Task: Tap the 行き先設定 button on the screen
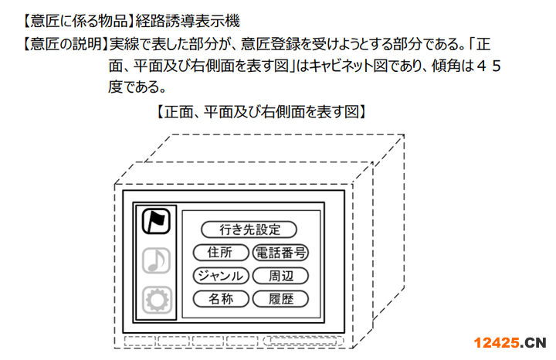click(x=249, y=229)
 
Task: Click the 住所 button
click(x=221, y=253)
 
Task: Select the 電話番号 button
click(x=280, y=253)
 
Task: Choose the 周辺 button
click(x=280, y=276)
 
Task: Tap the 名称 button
click(x=221, y=299)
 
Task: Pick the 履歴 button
click(x=280, y=299)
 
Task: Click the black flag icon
click(x=156, y=221)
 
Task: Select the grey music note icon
click(x=156, y=260)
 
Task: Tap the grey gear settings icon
click(x=157, y=300)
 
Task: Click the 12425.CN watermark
click(x=510, y=343)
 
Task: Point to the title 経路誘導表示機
click(x=188, y=22)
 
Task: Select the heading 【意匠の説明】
click(x=65, y=44)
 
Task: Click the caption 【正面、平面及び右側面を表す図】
click(x=261, y=112)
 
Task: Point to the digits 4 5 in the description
click(x=489, y=66)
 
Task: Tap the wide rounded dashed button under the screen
click(x=303, y=341)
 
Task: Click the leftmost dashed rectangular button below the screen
click(x=140, y=341)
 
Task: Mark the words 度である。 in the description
click(x=137, y=87)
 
